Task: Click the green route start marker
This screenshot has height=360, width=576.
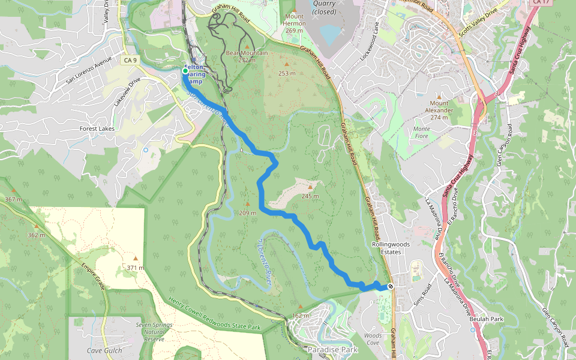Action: point(185,71)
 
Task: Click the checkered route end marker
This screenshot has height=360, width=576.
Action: point(391,286)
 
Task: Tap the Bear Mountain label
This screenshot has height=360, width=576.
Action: point(247,53)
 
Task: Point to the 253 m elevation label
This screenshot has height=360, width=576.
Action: point(287,73)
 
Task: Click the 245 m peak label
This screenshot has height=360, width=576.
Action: point(310,196)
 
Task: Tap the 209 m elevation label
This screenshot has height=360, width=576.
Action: point(247,213)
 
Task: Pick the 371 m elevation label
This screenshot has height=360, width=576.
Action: point(135,267)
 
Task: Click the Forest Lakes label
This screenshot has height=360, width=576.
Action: point(97,128)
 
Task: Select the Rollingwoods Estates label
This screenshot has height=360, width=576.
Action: point(389,248)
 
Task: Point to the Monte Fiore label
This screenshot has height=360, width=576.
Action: point(422,132)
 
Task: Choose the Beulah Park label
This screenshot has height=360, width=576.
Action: point(487,319)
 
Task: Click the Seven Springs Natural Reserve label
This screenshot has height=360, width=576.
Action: point(150,331)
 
